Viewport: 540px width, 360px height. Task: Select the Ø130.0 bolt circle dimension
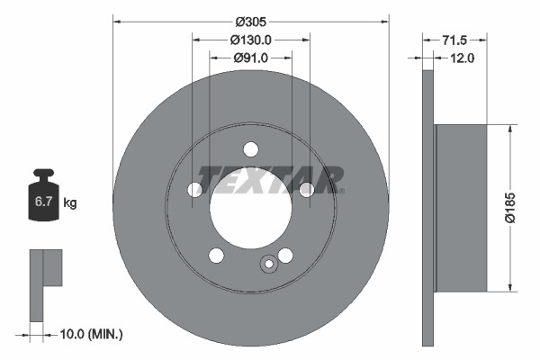pos(250,40)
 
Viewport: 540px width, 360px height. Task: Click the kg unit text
pos(69,203)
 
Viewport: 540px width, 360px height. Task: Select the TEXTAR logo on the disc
pos(271,179)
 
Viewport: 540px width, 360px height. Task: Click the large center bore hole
pos(251,207)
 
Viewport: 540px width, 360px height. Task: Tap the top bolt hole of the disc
pos(251,149)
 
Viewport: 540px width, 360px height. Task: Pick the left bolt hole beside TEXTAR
pos(195,189)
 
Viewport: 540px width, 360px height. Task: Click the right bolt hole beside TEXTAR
pos(306,189)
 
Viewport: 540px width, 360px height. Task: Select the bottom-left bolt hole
pos(216,255)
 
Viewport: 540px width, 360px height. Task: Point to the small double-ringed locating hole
pos(267,264)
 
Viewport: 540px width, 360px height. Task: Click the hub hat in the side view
pos(460,208)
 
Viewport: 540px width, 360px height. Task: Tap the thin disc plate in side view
pos(427,208)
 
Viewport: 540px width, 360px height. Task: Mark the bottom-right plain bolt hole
pos(285,255)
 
